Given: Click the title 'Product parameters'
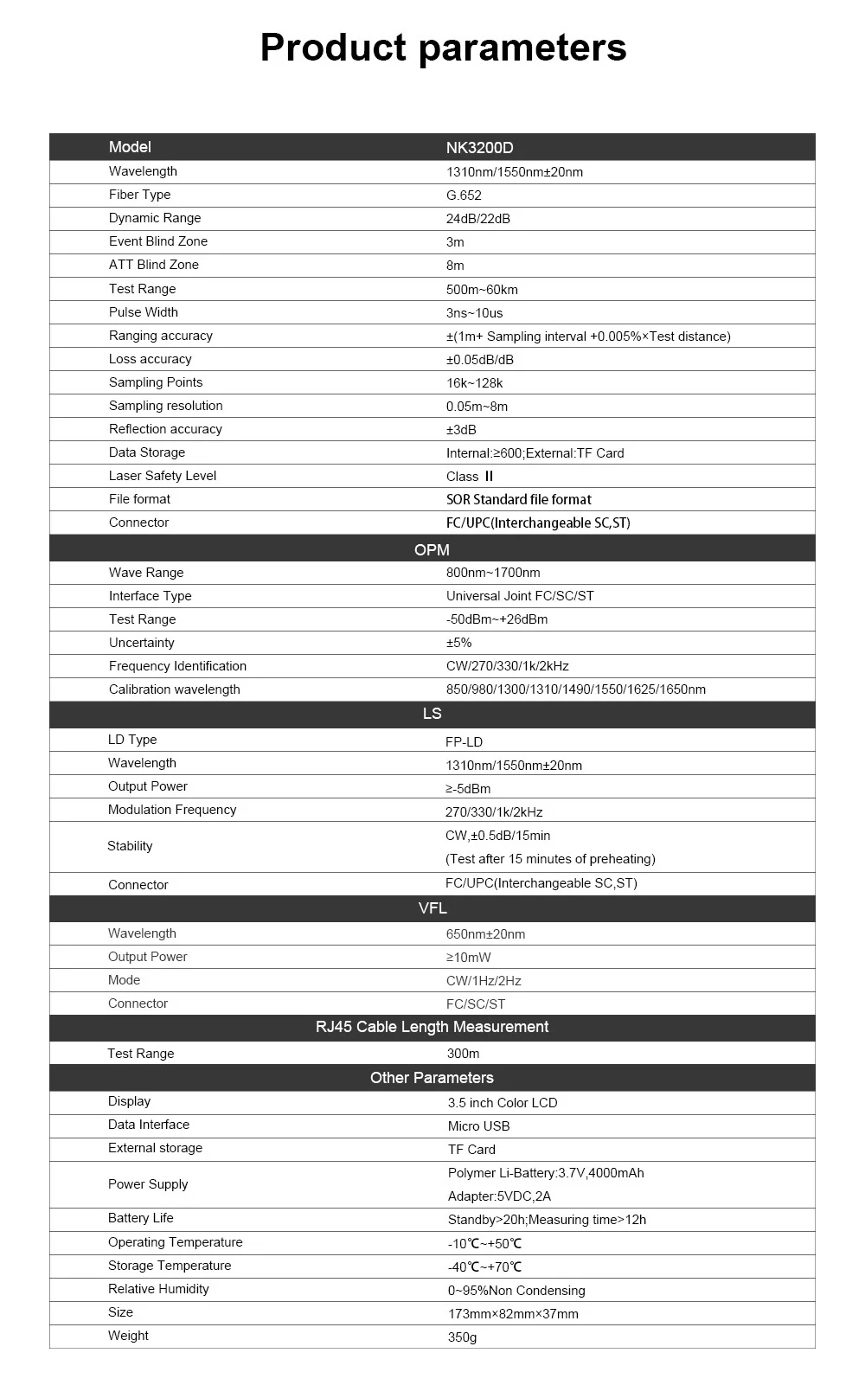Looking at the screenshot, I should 443,48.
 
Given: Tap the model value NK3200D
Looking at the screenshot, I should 479,148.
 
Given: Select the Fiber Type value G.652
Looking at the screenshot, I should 464,196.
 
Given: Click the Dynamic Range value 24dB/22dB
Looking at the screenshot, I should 477,219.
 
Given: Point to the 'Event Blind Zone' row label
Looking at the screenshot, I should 158,241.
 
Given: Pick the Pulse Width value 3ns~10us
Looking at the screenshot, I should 474,313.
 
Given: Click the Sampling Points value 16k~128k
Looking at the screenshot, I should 474,383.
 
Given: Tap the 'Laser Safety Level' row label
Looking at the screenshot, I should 163,476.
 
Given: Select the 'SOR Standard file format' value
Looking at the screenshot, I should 519,500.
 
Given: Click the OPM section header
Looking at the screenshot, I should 432,549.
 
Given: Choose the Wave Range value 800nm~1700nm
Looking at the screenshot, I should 493,573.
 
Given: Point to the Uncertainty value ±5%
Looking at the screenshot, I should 458,643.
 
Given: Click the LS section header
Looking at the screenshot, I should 432,714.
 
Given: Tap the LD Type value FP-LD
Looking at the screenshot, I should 464,742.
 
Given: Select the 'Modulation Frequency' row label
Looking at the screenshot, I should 172,810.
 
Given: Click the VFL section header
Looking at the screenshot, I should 432,908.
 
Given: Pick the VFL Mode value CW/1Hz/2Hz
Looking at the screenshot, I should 484,981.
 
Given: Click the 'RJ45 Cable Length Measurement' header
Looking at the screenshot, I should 432,1027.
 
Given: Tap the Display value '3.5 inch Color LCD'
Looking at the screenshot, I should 503,1103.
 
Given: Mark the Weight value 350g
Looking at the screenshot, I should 462,1337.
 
